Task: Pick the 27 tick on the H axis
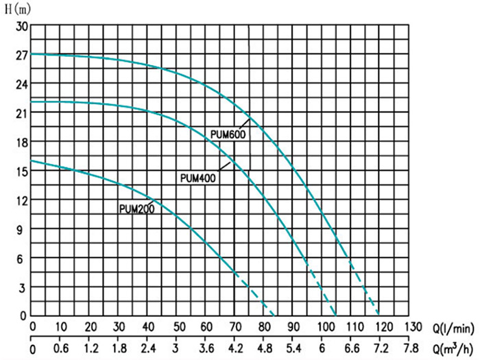tap(21, 55)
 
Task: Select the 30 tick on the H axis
tap(21, 26)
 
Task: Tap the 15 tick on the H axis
tap(21, 171)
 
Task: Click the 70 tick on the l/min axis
tap(235, 326)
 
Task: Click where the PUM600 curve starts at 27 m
tap(32, 54)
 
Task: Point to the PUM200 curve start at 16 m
tap(32, 161)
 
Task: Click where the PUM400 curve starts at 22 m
tap(32, 102)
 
